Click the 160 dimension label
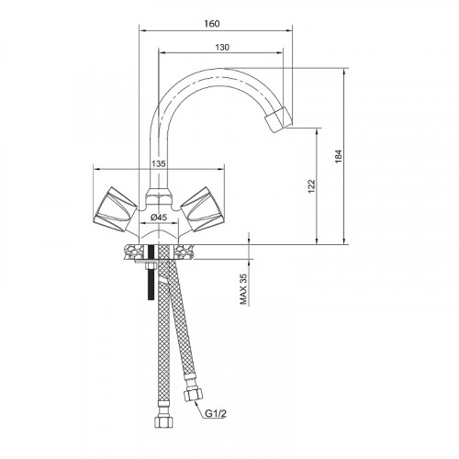click(x=212, y=24)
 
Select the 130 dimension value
click(x=222, y=48)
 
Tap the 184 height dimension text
click(x=338, y=156)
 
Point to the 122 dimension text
click(x=311, y=186)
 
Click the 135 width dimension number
click(x=159, y=163)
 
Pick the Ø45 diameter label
click(x=159, y=218)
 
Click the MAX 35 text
click(x=243, y=289)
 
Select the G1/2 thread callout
click(x=216, y=414)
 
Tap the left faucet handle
click(x=115, y=209)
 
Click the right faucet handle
click(x=202, y=209)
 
